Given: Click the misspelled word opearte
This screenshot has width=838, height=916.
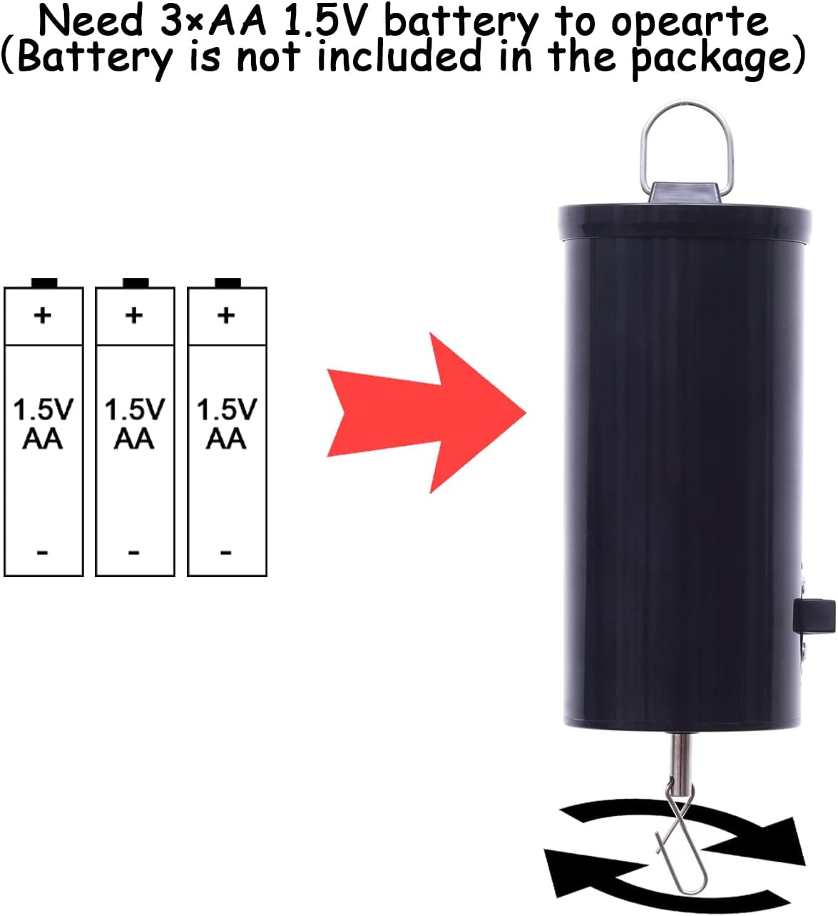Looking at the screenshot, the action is [x=690, y=23].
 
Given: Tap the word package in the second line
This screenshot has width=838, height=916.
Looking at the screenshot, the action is [x=710, y=58].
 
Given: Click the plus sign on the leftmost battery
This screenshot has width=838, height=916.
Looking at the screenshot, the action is [x=43, y=315].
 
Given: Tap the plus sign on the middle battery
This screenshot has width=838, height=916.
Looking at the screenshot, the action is [x=134, y=315].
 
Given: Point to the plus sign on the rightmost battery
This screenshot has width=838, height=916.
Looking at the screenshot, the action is [x=226, y=315].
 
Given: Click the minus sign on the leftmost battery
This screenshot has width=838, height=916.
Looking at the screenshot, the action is [x=43, y=553].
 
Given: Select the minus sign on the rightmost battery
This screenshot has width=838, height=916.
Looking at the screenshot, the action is [x=226, y=553].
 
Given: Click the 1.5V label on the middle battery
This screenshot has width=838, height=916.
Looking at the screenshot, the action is [x=135, y=409].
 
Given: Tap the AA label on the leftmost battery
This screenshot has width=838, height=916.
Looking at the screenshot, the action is [x=43, y=439].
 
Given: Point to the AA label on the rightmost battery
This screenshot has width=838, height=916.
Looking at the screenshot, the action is [x=226, y=439].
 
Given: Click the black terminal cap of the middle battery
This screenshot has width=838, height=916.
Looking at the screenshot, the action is [x=136, y=283].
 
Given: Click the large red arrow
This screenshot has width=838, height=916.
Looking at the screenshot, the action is [x=425, y=412].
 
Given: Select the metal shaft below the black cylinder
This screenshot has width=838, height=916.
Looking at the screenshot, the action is [x=680, y=760].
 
